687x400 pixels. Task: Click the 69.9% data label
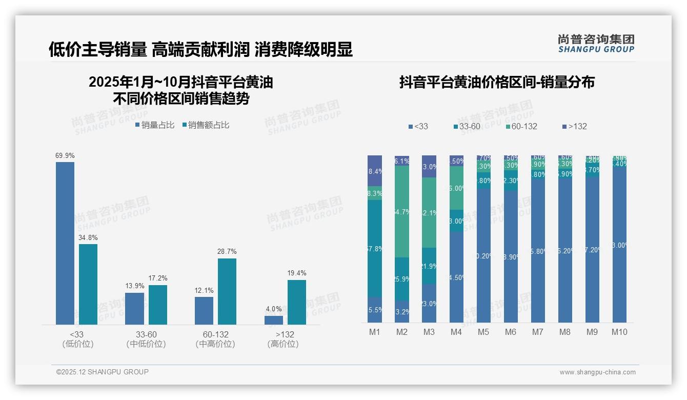pyautogui.click(x=65, y=155)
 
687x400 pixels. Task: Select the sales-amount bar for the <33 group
pyautogui.click(x=88, y=284)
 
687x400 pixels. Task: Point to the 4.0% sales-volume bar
pyautogui.click(x=274, y=320)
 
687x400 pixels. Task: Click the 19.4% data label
pyautogui.click(x=297, y=273)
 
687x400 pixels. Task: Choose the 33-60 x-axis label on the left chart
pyautogui.click(x=146, y=334)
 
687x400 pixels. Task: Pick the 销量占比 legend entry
pyautogui.click(x=155, y=125)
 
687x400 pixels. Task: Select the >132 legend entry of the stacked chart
pyautogui.click(x=574, y=126)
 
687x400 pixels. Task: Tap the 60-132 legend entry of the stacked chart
pyautogui.click(x=521, y=126)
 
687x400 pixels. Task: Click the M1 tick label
pyautogui.click(x=375, y=332)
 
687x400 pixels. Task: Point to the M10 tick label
pyautogui.click(x=619, y=332)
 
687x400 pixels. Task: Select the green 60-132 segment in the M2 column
pyautogui.click(x=402, y=211)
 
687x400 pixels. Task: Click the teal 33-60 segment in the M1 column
pyautogui.click(x=375, y=249)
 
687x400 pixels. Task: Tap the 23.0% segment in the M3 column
pyautogui.click(x=429, y=304)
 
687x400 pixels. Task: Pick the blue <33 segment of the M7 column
pyautogui.click(x=538, y=251)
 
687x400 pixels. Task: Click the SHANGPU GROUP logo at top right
pyautogui.click(x=596, y=43)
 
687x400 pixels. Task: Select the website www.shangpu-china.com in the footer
pyautogui.click(x=597, y=372)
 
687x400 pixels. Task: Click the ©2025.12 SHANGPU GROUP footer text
pyautogui.click(x=103, y=372)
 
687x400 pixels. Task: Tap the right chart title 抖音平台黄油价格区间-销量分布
pyautogui.click(x=496, y=83)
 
